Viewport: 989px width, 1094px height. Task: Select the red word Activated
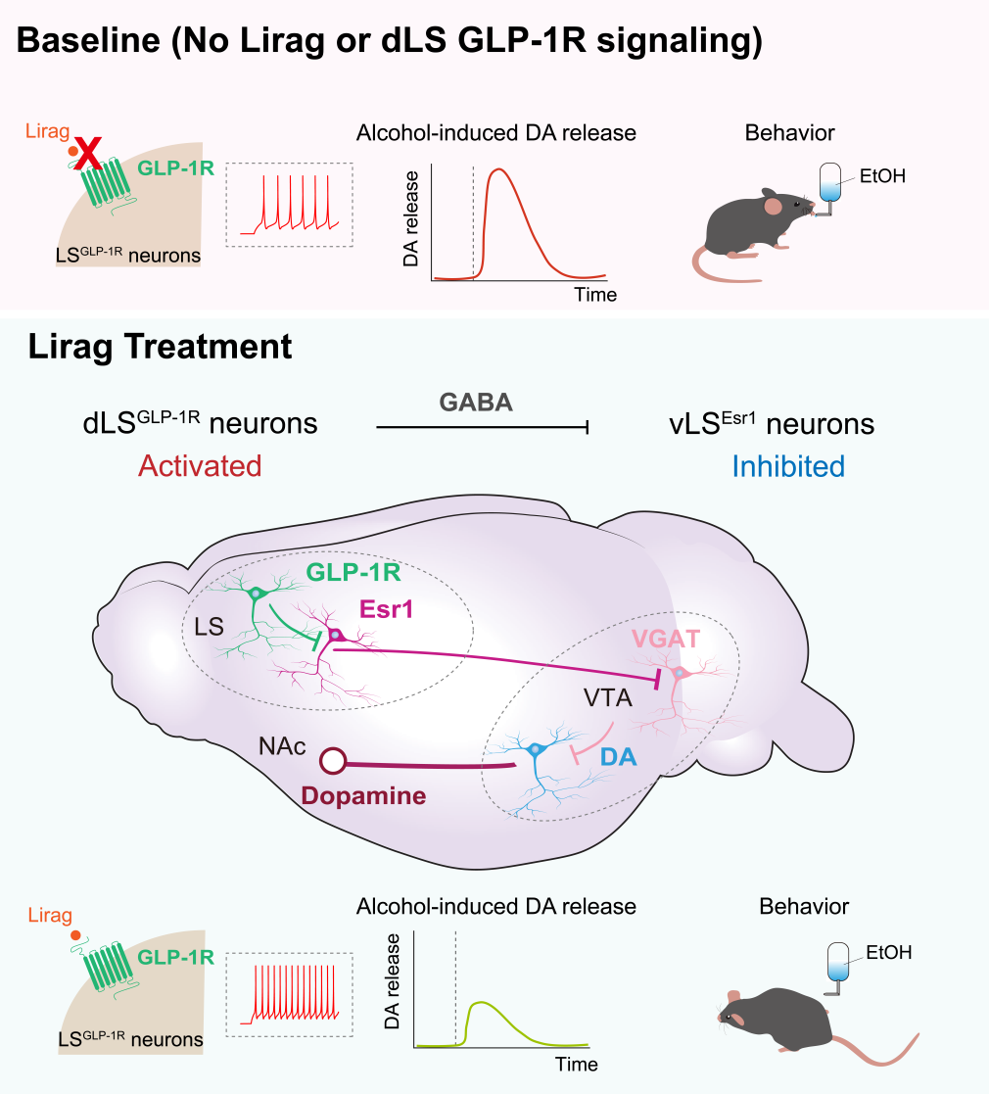tap(200, 465)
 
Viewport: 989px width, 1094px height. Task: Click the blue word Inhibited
tap(790, 465)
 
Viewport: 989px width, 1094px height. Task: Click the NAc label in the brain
tap(282, 746)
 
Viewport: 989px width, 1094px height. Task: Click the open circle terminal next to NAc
tap(335, 761)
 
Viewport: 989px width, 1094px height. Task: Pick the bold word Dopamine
tap(364, 795)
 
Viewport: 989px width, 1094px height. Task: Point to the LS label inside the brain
tap(209, 626)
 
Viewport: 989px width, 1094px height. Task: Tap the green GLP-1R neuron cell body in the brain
tap(257, 594)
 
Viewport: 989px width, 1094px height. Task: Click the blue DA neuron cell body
tap(536, 750)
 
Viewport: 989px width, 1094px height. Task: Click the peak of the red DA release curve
tap(499, 170)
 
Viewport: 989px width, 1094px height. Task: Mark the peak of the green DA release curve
tap(481, 1003)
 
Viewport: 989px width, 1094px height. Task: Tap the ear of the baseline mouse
tap(774, 206)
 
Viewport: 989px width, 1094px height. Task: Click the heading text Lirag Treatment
tap(160, 346)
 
